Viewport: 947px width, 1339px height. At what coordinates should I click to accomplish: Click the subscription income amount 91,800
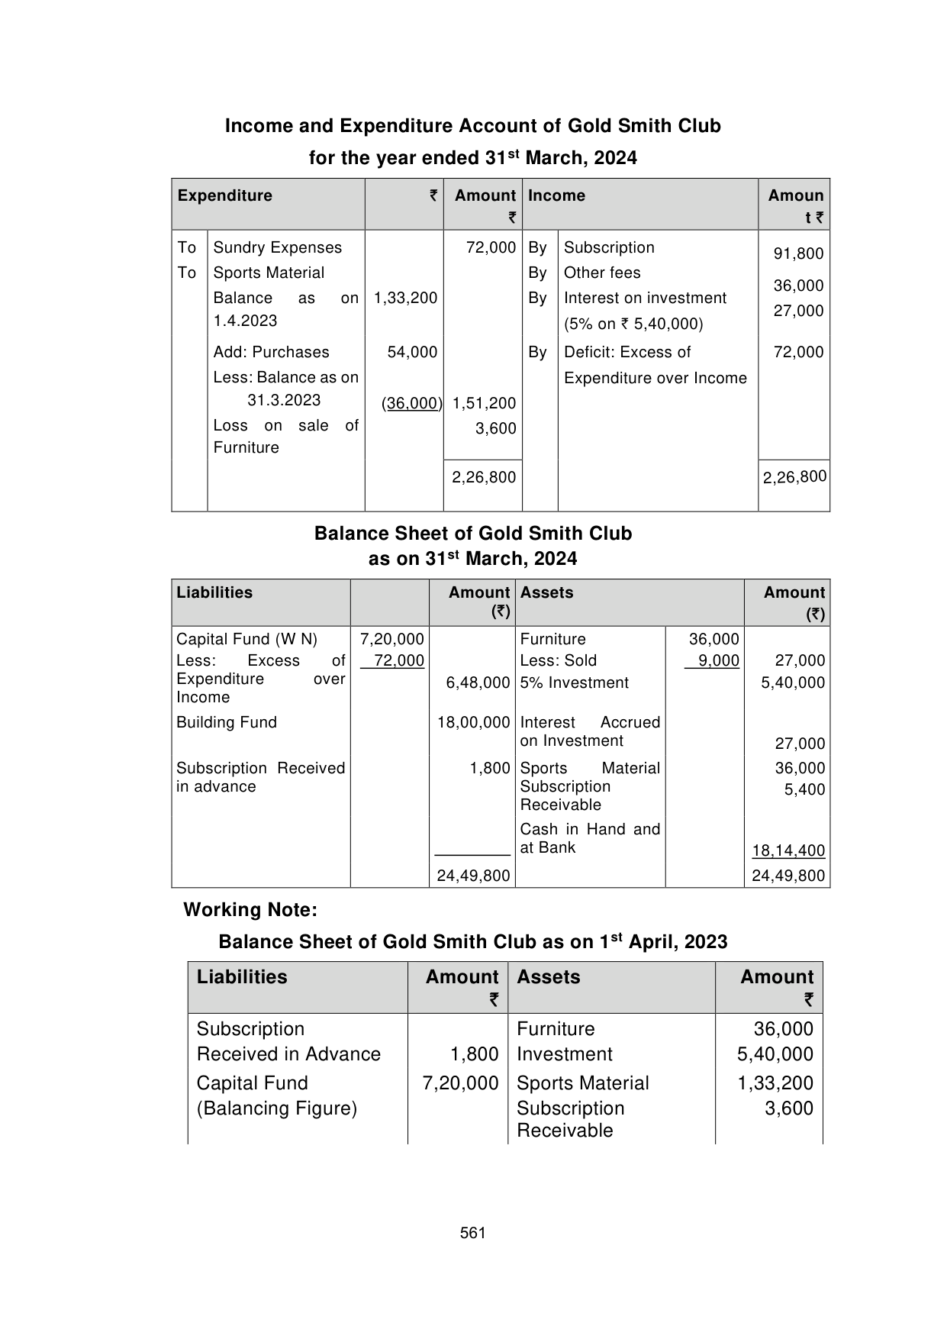pos(798,253)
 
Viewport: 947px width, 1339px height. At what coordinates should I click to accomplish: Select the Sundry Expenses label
pos(277,247)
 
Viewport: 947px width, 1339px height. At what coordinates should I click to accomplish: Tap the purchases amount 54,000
pos(412,352)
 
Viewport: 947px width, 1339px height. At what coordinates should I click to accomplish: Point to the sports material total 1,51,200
pos(484,403)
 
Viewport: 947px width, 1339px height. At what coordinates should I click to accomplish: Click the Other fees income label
pos(601,273)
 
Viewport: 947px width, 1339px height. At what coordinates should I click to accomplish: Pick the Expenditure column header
pos(224,195)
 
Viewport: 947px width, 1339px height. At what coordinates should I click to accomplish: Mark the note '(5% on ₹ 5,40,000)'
pos(633,324)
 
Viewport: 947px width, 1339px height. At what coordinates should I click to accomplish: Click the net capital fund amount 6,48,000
pos(478,682)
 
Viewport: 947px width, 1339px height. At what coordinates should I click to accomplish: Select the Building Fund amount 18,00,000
pos(473,722)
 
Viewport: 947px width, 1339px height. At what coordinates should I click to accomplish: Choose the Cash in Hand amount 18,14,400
pos(788,850)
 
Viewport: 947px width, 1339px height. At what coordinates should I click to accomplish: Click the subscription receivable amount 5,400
pos(804,789)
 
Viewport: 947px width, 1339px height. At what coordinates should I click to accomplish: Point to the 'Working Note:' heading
pos(250,910)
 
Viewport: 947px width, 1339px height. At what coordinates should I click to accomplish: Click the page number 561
pos(473,1233)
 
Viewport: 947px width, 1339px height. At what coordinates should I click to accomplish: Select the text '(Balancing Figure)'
pos(276,1108)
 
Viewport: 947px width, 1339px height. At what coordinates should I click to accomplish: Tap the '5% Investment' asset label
pos(574,682)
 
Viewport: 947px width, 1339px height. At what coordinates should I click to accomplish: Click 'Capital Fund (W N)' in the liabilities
pos(246,639)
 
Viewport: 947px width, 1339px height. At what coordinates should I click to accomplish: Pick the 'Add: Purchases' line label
pos(271,352)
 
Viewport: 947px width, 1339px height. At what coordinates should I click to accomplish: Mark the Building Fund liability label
pos(226,722)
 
